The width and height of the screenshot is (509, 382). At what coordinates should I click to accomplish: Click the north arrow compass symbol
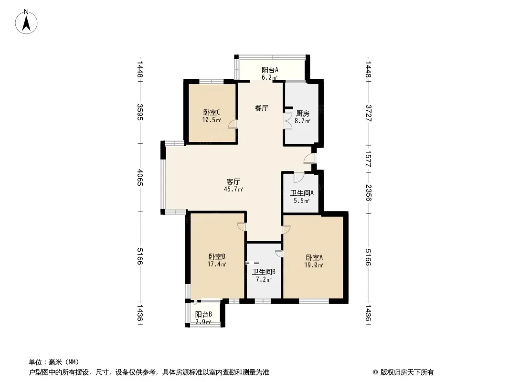pyautogui.click(x=26, y=22)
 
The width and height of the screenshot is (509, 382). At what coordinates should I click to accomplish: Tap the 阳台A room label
pyautogui.click(x=270, y=70)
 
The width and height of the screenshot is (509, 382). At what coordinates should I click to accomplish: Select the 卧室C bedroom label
pyautogui.click(x=212, y=113)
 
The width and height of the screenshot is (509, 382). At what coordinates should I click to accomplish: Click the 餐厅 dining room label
pyautogui.click(x=261, y=108)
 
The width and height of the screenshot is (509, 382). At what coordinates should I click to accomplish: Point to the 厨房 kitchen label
pyautogui.click(x=303, y=114)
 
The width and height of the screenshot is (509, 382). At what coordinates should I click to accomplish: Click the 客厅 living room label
pyautogui.click(x=233, y=182)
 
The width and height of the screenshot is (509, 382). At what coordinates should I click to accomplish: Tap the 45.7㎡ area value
pyautogui.click(x=233, y=189)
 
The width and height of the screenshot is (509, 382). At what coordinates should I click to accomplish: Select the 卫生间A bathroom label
pyautogui.click(x=302, y=193)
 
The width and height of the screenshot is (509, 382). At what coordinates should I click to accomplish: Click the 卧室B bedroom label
pyautogui.click(x=217, y=257)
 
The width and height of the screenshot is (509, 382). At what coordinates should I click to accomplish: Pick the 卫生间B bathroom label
pyautogui.click(x=264, y=272)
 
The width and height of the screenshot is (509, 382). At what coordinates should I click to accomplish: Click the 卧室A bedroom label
pyautogui.click(x=314, y=258)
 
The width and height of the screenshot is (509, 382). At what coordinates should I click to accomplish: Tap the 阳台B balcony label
pyautogui.click(x=203, y=315)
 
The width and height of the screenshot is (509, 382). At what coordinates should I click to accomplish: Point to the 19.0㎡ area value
pyautogui.click(x=314, y=265)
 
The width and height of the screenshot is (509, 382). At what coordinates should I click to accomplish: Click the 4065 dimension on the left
pyautogui.click(x=140, y=178)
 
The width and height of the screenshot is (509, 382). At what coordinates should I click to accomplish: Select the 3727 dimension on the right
pyautogui.click(x=368, y=113)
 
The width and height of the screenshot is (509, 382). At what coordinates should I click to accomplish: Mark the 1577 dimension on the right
pyautogui.click(x=368, y=159)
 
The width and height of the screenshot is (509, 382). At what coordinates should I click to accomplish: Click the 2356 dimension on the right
pyautogui.click(x=368, y=193)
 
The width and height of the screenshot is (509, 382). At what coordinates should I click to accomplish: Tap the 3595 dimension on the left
pyautogui.click(x=140, y=112)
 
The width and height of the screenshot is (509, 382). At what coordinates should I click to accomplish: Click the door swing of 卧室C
pyautogui.click(x=233, y=125)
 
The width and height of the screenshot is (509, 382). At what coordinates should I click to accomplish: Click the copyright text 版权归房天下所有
pyautogui.click(x=406, y=372)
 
